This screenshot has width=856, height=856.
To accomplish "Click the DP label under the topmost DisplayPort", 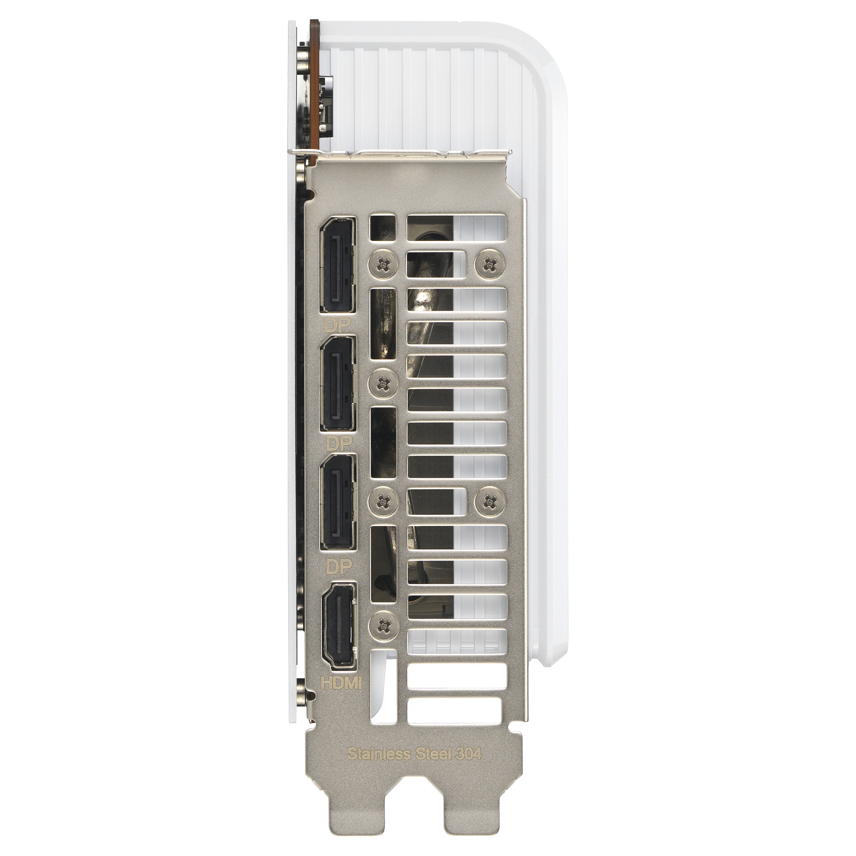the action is click(x=337, y=326).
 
